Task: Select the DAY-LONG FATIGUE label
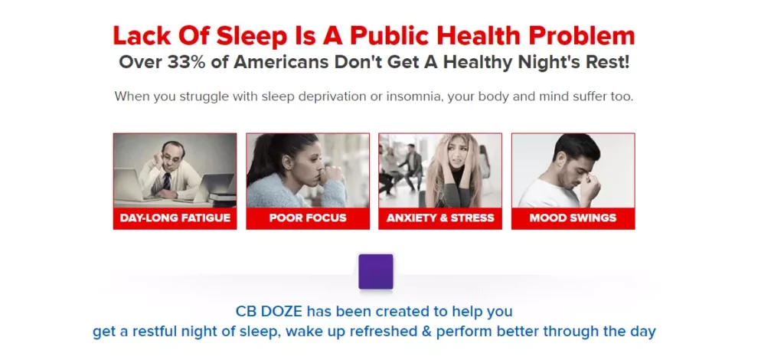click(x=175, y=218)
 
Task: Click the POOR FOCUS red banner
click(x=308, y=218)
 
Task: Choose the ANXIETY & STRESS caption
click(x=440, y=218)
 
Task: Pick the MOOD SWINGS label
click(x=573, y=218)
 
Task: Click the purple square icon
click(x=375, y=271)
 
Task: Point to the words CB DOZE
click(x=269, y=312)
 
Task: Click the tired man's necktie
click(x=166, y=181)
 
